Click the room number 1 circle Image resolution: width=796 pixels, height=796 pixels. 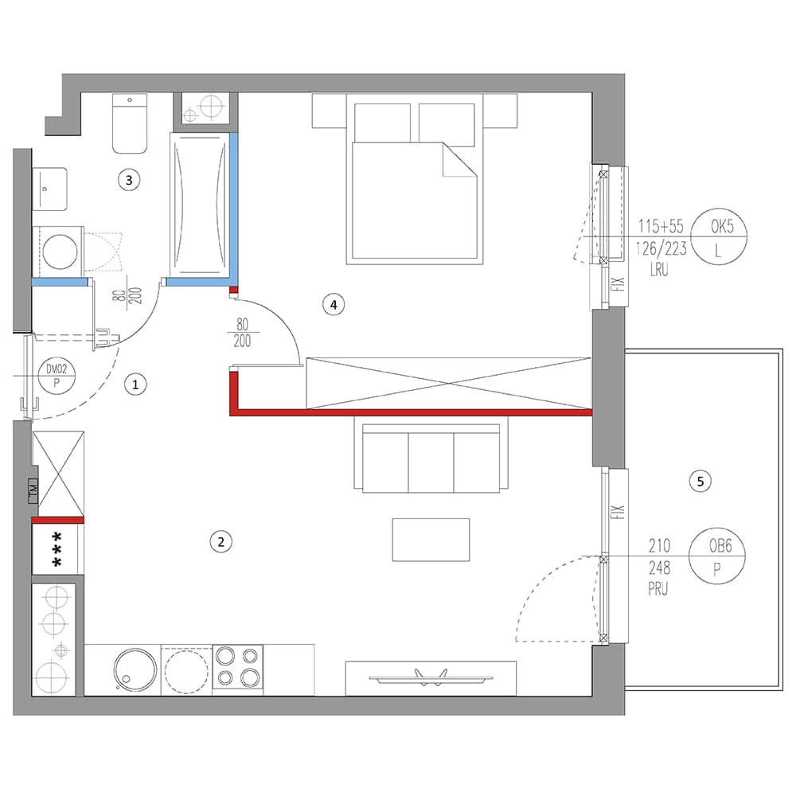(x=135, y=384)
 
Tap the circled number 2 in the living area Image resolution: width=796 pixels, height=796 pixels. (x=220, y=541)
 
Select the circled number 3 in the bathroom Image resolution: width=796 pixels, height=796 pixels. (x=129, y=180)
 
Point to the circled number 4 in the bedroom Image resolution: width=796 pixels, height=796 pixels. (x=334, y=305)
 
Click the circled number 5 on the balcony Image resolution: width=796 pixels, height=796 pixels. (x=700, y=481)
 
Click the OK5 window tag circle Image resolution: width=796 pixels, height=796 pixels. (x=720, y=237)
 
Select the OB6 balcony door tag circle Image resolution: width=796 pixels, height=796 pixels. (x=717, y=556)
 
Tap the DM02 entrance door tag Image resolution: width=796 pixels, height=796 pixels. (x=57, y=376)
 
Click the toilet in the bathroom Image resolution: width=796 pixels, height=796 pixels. (x=130, y=123)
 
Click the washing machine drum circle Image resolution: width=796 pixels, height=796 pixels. (x=60, y=252)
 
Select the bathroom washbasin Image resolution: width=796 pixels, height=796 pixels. (x=49, y=189)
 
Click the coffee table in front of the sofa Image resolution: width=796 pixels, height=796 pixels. (x=431, y=540)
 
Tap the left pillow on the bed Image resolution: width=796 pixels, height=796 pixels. (x=382, y=123)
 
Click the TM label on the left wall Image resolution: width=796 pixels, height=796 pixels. (x=33, y=490)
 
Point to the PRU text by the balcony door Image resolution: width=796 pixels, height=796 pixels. (x=658, y=589)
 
